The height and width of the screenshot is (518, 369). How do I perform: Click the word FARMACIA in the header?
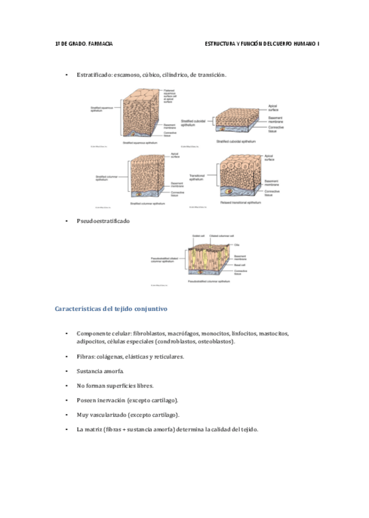point(100,45)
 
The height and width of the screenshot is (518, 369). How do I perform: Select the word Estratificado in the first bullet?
point(95,75)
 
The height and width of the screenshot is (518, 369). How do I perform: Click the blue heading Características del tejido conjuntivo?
point(111,309)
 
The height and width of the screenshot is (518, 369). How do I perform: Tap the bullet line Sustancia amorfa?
point(100,371)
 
